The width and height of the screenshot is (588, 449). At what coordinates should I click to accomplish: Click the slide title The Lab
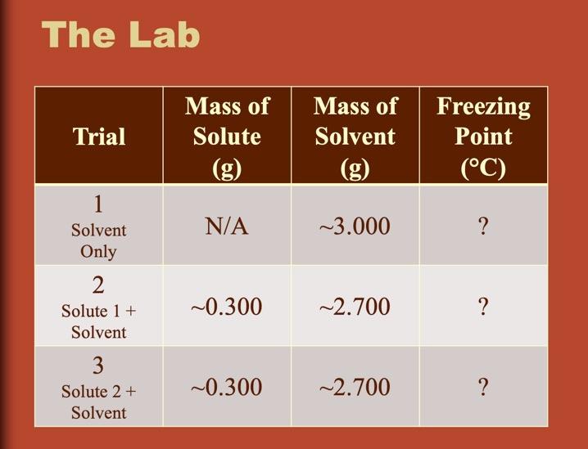tap(120, 35)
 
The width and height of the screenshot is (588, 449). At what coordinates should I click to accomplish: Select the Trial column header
tap(99, 137)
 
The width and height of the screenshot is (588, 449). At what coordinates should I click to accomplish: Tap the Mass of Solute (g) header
tap(227, 137)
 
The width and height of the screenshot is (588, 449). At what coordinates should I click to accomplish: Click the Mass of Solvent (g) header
tap(355, 137)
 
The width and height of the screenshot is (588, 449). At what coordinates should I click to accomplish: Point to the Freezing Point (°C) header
tap(483, 137)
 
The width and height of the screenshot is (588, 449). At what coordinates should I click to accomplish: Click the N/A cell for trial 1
tap(227, 226)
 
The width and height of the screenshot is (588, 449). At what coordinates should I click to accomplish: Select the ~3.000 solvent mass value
tap(355, 226)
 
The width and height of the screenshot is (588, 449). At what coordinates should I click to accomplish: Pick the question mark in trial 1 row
tap(483, 226)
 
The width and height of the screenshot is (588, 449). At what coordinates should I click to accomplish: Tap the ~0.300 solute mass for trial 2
tap(227, 307)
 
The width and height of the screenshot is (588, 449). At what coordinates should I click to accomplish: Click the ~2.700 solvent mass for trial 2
tap(355, 307)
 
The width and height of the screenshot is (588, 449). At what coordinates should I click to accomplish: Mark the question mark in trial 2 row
tap(483, 307)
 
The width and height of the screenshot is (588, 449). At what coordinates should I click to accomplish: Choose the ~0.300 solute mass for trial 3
tap(227, 387)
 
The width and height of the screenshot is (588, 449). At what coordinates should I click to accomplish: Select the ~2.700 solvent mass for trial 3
tap(355, 387)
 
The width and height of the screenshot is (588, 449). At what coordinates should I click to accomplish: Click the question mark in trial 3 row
tap(483, 387)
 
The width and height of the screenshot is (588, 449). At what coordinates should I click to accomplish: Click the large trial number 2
tap(99, 285)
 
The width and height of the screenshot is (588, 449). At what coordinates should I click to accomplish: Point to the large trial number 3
tap(99, 365)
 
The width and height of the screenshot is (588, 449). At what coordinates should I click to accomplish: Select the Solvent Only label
tap(99, 241)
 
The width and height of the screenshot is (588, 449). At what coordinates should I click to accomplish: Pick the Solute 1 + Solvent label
tap(99, 321)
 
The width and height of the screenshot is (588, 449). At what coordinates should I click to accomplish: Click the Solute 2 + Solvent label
tap(99, 402)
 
